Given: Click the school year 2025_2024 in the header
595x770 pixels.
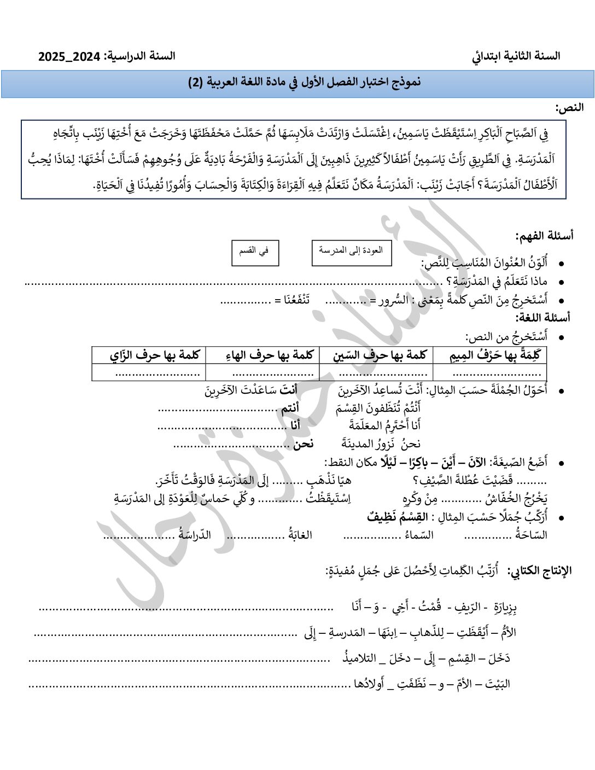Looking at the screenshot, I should pos(69,56).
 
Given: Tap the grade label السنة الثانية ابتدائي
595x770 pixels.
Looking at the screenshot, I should pos(516,56).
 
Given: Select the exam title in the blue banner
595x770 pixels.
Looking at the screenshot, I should pos(304,83).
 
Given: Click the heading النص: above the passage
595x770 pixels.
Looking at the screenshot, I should pos(569,108).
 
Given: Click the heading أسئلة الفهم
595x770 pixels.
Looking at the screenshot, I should pos(544,236).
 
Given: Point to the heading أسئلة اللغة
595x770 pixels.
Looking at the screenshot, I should pos(542,317).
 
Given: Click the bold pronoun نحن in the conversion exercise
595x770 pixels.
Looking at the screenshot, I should pos(303,444).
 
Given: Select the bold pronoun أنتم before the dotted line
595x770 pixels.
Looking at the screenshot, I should pos(290,409).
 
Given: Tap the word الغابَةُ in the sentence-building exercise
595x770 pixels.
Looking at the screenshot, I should pos(300,535).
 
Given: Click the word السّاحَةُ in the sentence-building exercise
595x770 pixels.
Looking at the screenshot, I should pos(531,535).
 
